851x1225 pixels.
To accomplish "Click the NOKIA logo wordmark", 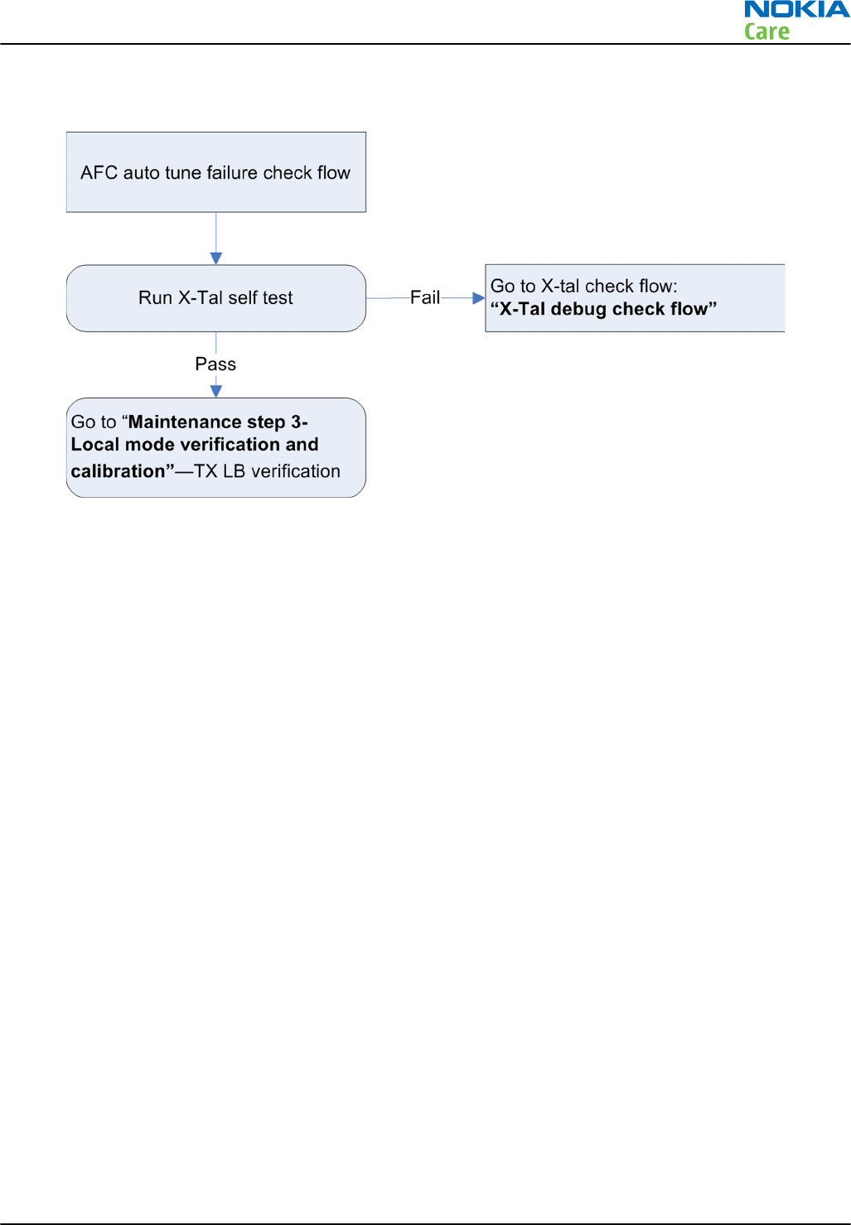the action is (x=796, y=10).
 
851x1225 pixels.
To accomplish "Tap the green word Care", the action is (x=766, y=32).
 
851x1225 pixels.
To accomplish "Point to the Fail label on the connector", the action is (x=425, y=297).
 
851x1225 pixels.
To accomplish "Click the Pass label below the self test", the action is (x=215, y=364).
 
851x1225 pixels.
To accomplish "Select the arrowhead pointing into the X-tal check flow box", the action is (x=478, y=297).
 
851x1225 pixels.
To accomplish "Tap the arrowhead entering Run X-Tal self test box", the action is (x=216, y=258).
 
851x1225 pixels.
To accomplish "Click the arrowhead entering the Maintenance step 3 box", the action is (x=216, y=391).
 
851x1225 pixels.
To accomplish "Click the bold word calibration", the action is (x=118, y=471).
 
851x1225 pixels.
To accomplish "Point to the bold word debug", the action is (x=578, y=309).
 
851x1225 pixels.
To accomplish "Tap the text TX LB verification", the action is (x=267, y=471).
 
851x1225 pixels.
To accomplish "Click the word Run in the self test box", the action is (x=155, y=298).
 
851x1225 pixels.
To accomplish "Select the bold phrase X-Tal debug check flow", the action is (x=603, y=309).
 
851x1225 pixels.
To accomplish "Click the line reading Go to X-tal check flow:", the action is (x=583, y=287).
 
